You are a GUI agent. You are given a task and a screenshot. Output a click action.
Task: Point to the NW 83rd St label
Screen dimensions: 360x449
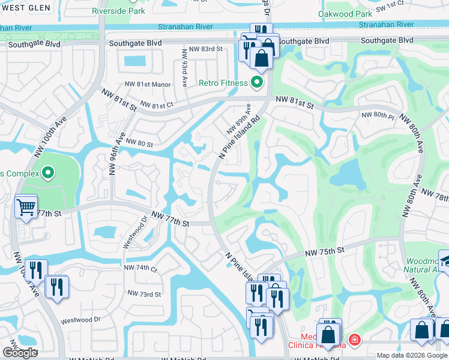(205, 49)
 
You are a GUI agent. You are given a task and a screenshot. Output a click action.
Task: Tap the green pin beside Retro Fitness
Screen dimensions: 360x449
(258, 82)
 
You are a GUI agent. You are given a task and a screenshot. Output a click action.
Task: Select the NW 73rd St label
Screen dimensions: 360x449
(144, 294)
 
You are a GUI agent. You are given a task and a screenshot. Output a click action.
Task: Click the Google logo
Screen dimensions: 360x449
(20, 353)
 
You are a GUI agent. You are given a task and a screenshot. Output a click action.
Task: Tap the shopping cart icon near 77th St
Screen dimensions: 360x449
(26, 208)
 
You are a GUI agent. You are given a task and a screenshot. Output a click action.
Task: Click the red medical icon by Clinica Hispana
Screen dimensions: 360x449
(354, 340)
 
